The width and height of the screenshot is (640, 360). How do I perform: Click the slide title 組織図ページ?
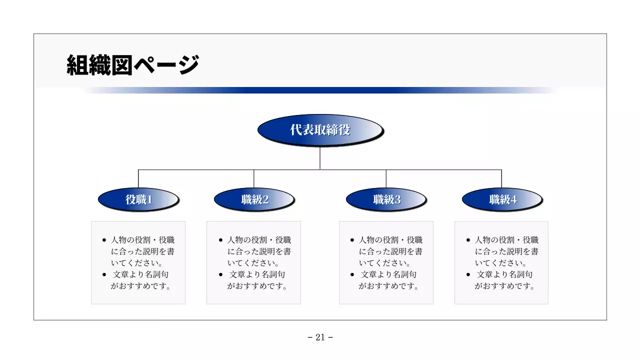[x=132, y=65]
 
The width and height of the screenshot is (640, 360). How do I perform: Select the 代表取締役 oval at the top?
[x=320, y=130]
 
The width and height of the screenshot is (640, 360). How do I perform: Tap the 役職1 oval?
[x=138, y=199]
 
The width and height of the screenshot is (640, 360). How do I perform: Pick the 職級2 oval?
[x=254, y=199]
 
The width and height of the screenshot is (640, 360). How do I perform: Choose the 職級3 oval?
[x=386, y=199]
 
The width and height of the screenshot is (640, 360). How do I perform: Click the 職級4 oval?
[x=502, y=199]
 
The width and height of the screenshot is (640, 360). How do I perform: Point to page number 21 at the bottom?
[x=320, y=337]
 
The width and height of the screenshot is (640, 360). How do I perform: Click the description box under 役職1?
[x=138, y=262]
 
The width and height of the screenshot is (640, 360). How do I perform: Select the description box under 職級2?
[x=253, y=262]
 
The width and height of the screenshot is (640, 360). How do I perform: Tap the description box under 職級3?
[x=386, y=262]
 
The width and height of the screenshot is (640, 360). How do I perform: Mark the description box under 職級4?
[x=501, y=262]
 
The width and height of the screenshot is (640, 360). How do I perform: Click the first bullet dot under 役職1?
[x=104, y=240]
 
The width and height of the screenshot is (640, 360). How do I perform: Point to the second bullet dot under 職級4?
[x=468, y=274]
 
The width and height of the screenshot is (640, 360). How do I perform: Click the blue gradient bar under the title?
[x=320, y=90]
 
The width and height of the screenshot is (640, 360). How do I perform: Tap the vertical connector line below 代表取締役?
[x=320, y=158]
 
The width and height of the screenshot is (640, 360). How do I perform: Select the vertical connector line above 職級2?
[x=254, y=178]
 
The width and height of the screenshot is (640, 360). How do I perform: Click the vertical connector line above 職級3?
[x=386, y=178]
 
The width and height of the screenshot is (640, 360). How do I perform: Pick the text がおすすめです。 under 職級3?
[x=388, y=286]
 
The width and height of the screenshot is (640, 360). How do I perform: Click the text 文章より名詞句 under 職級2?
[x=257, y=274]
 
